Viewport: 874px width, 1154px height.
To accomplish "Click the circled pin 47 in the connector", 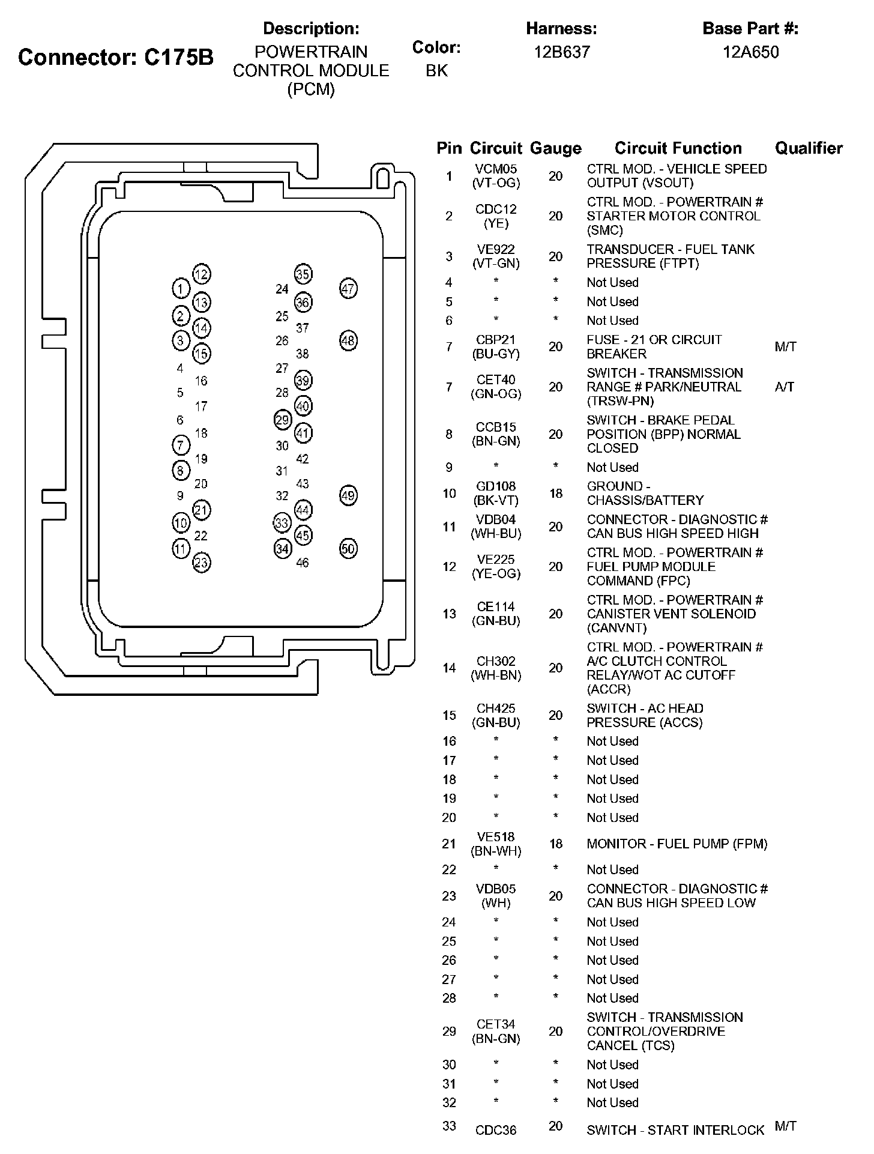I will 348,289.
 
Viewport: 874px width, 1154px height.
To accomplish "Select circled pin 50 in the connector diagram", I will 348,548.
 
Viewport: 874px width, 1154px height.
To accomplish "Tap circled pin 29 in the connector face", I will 282,420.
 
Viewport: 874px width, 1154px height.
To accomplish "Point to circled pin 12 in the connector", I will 202,274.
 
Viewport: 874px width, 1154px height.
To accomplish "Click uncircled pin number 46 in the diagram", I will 303,563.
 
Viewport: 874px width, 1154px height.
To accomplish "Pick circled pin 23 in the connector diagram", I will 202,563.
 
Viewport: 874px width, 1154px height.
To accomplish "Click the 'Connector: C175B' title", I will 116,58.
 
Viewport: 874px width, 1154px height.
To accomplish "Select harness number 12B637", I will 562,52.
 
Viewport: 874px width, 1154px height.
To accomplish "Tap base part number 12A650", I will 750,52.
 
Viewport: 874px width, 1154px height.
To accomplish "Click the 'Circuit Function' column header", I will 678,148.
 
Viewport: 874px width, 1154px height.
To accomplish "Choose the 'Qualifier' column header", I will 809,148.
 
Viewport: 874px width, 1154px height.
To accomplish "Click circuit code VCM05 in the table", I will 496,169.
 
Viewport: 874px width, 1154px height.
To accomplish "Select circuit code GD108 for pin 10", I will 496,486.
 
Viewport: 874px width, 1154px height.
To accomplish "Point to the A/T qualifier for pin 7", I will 784,387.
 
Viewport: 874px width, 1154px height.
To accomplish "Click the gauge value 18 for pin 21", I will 556,844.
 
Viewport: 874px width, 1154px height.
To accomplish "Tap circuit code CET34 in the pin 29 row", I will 496,1024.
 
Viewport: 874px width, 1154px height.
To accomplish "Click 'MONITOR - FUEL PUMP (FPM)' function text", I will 677,844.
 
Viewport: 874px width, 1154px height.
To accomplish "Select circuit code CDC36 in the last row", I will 496,1130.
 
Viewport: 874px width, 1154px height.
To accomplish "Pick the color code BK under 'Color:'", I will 436,71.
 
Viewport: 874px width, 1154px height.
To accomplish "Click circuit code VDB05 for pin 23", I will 496,889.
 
